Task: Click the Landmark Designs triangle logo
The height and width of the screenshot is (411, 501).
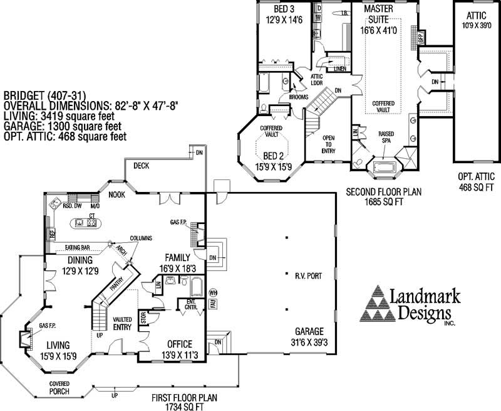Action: coord(378,304)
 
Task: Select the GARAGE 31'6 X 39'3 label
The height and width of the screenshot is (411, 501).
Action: coord(307,336)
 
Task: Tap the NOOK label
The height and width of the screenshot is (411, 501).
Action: coord(116,195)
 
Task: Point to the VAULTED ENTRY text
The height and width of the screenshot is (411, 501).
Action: coord(122,323)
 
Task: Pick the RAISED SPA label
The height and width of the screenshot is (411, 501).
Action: coord(386,137)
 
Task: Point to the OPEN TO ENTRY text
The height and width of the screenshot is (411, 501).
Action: coord(328,144)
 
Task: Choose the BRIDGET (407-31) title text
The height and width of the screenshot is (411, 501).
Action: coord(43,95)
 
